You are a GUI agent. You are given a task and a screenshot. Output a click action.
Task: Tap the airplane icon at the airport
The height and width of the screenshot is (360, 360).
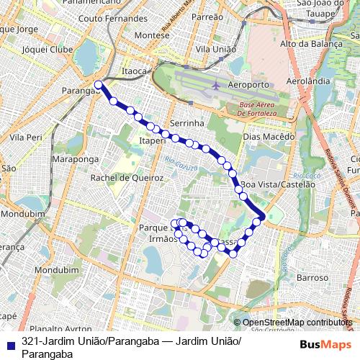point(216,86)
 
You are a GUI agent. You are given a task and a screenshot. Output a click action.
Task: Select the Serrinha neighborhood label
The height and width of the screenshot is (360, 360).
point(188,124)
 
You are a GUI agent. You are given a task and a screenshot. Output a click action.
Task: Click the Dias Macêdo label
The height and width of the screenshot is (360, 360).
point(269,136)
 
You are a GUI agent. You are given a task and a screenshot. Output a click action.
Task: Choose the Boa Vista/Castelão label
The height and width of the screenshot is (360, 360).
point(279,184)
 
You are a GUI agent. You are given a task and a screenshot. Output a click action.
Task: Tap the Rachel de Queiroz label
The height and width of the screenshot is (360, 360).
point(126,178)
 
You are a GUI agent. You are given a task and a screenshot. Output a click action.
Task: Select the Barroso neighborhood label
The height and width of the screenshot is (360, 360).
point(312,276)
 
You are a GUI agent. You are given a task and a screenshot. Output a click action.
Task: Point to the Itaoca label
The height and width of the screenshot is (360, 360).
point(135,71)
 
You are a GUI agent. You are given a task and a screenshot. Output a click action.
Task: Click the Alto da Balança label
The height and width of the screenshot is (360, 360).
point(312,44)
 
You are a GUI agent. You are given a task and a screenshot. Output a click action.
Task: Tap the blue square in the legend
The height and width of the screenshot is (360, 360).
point(9,343)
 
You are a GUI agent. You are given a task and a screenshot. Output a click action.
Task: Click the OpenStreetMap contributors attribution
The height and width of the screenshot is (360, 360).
point(294,323)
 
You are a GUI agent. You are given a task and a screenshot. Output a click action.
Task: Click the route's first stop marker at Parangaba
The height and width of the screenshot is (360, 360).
point(99,85)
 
